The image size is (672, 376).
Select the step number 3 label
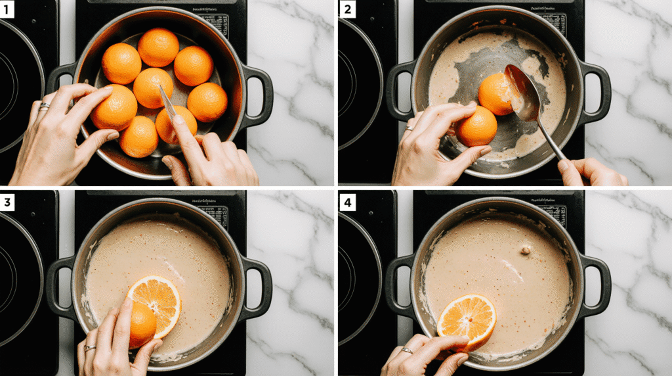click(8, 202)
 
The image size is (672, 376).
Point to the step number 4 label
click(346, 202)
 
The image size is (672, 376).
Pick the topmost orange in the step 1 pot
click(158, 47)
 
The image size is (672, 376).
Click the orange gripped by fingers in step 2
click(476, 126)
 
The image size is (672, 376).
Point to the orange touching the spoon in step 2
click(496, 93)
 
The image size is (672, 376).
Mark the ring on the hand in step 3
click(89, 348)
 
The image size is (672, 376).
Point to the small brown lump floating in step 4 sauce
click(525, 249)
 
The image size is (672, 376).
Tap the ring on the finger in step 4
click(408, 351)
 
